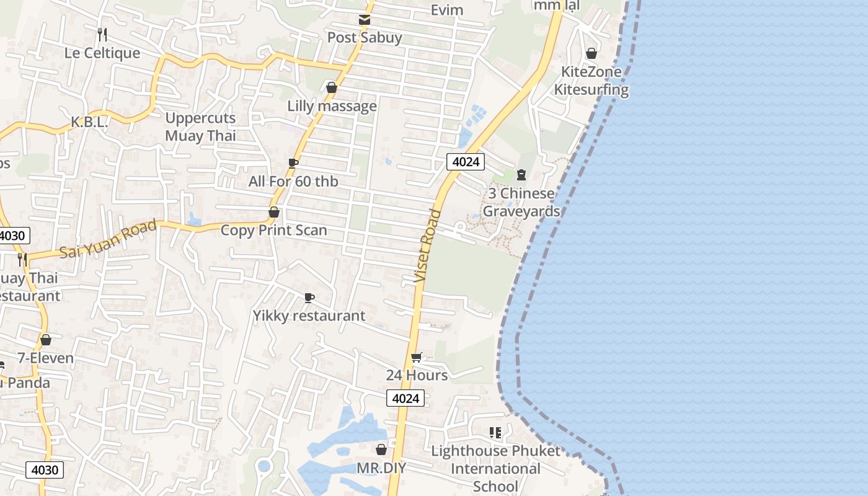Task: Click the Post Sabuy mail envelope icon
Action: point(365,20)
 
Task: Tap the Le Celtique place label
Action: point(102,53)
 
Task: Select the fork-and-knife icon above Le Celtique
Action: point(102,34)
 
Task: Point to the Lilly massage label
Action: point(332,106)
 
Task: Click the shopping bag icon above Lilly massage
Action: point(332,87)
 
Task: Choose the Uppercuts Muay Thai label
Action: point(200,126)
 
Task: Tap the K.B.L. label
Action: point(89,123)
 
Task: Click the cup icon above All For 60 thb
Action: point(293,163)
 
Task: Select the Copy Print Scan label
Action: point(273,230)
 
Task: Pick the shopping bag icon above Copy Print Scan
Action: point(273,212)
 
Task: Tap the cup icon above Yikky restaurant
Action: point(309,298)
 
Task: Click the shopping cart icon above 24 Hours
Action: point(417,357)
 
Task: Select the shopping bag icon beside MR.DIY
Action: point(381,449)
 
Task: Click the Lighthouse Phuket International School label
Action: point(495,468)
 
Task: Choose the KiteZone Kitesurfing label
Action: point(591,81)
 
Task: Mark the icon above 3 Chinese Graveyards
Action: point(521,175)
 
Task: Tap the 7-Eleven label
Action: point(45,358)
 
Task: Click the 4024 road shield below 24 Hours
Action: point(405,398)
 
